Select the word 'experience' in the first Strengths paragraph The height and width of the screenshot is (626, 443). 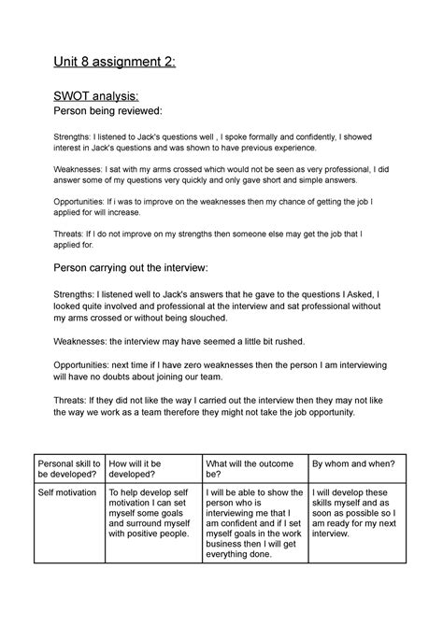(289, 148)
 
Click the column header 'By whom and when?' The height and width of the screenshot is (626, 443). (354, 462)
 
